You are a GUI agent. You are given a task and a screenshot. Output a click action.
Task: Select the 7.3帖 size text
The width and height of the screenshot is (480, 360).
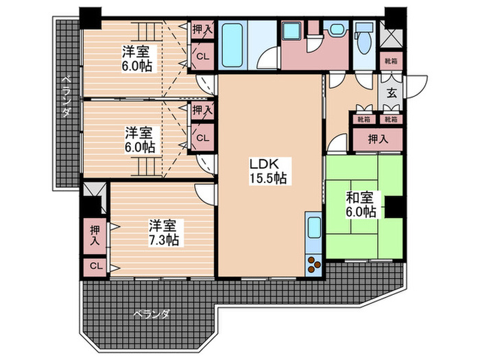pos(164,240)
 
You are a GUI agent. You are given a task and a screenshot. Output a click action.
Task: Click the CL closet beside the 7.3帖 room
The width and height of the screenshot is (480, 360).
pos(94,266)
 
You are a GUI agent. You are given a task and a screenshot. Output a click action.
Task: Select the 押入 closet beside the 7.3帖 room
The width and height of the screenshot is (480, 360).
pos(94,237)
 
